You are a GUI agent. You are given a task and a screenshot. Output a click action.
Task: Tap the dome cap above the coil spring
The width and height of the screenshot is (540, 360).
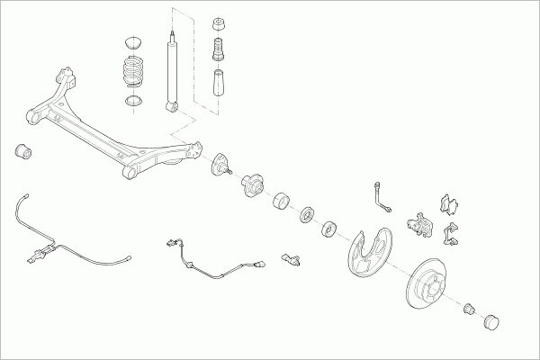coord(133,41)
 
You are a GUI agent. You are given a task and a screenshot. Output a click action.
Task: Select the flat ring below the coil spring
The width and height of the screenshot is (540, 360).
coord(133,99)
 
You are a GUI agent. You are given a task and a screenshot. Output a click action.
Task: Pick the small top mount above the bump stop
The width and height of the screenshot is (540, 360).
coord(217,22)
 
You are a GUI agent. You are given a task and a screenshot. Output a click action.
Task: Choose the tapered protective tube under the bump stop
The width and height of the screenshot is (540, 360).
coord(218,84)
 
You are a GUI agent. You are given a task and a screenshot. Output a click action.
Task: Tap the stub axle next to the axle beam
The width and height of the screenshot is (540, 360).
coord(221,167)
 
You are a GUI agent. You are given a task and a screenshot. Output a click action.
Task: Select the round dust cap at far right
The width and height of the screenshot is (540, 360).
coord(491,319)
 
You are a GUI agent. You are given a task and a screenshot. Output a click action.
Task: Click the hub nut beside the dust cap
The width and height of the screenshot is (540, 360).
coord(469,310)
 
